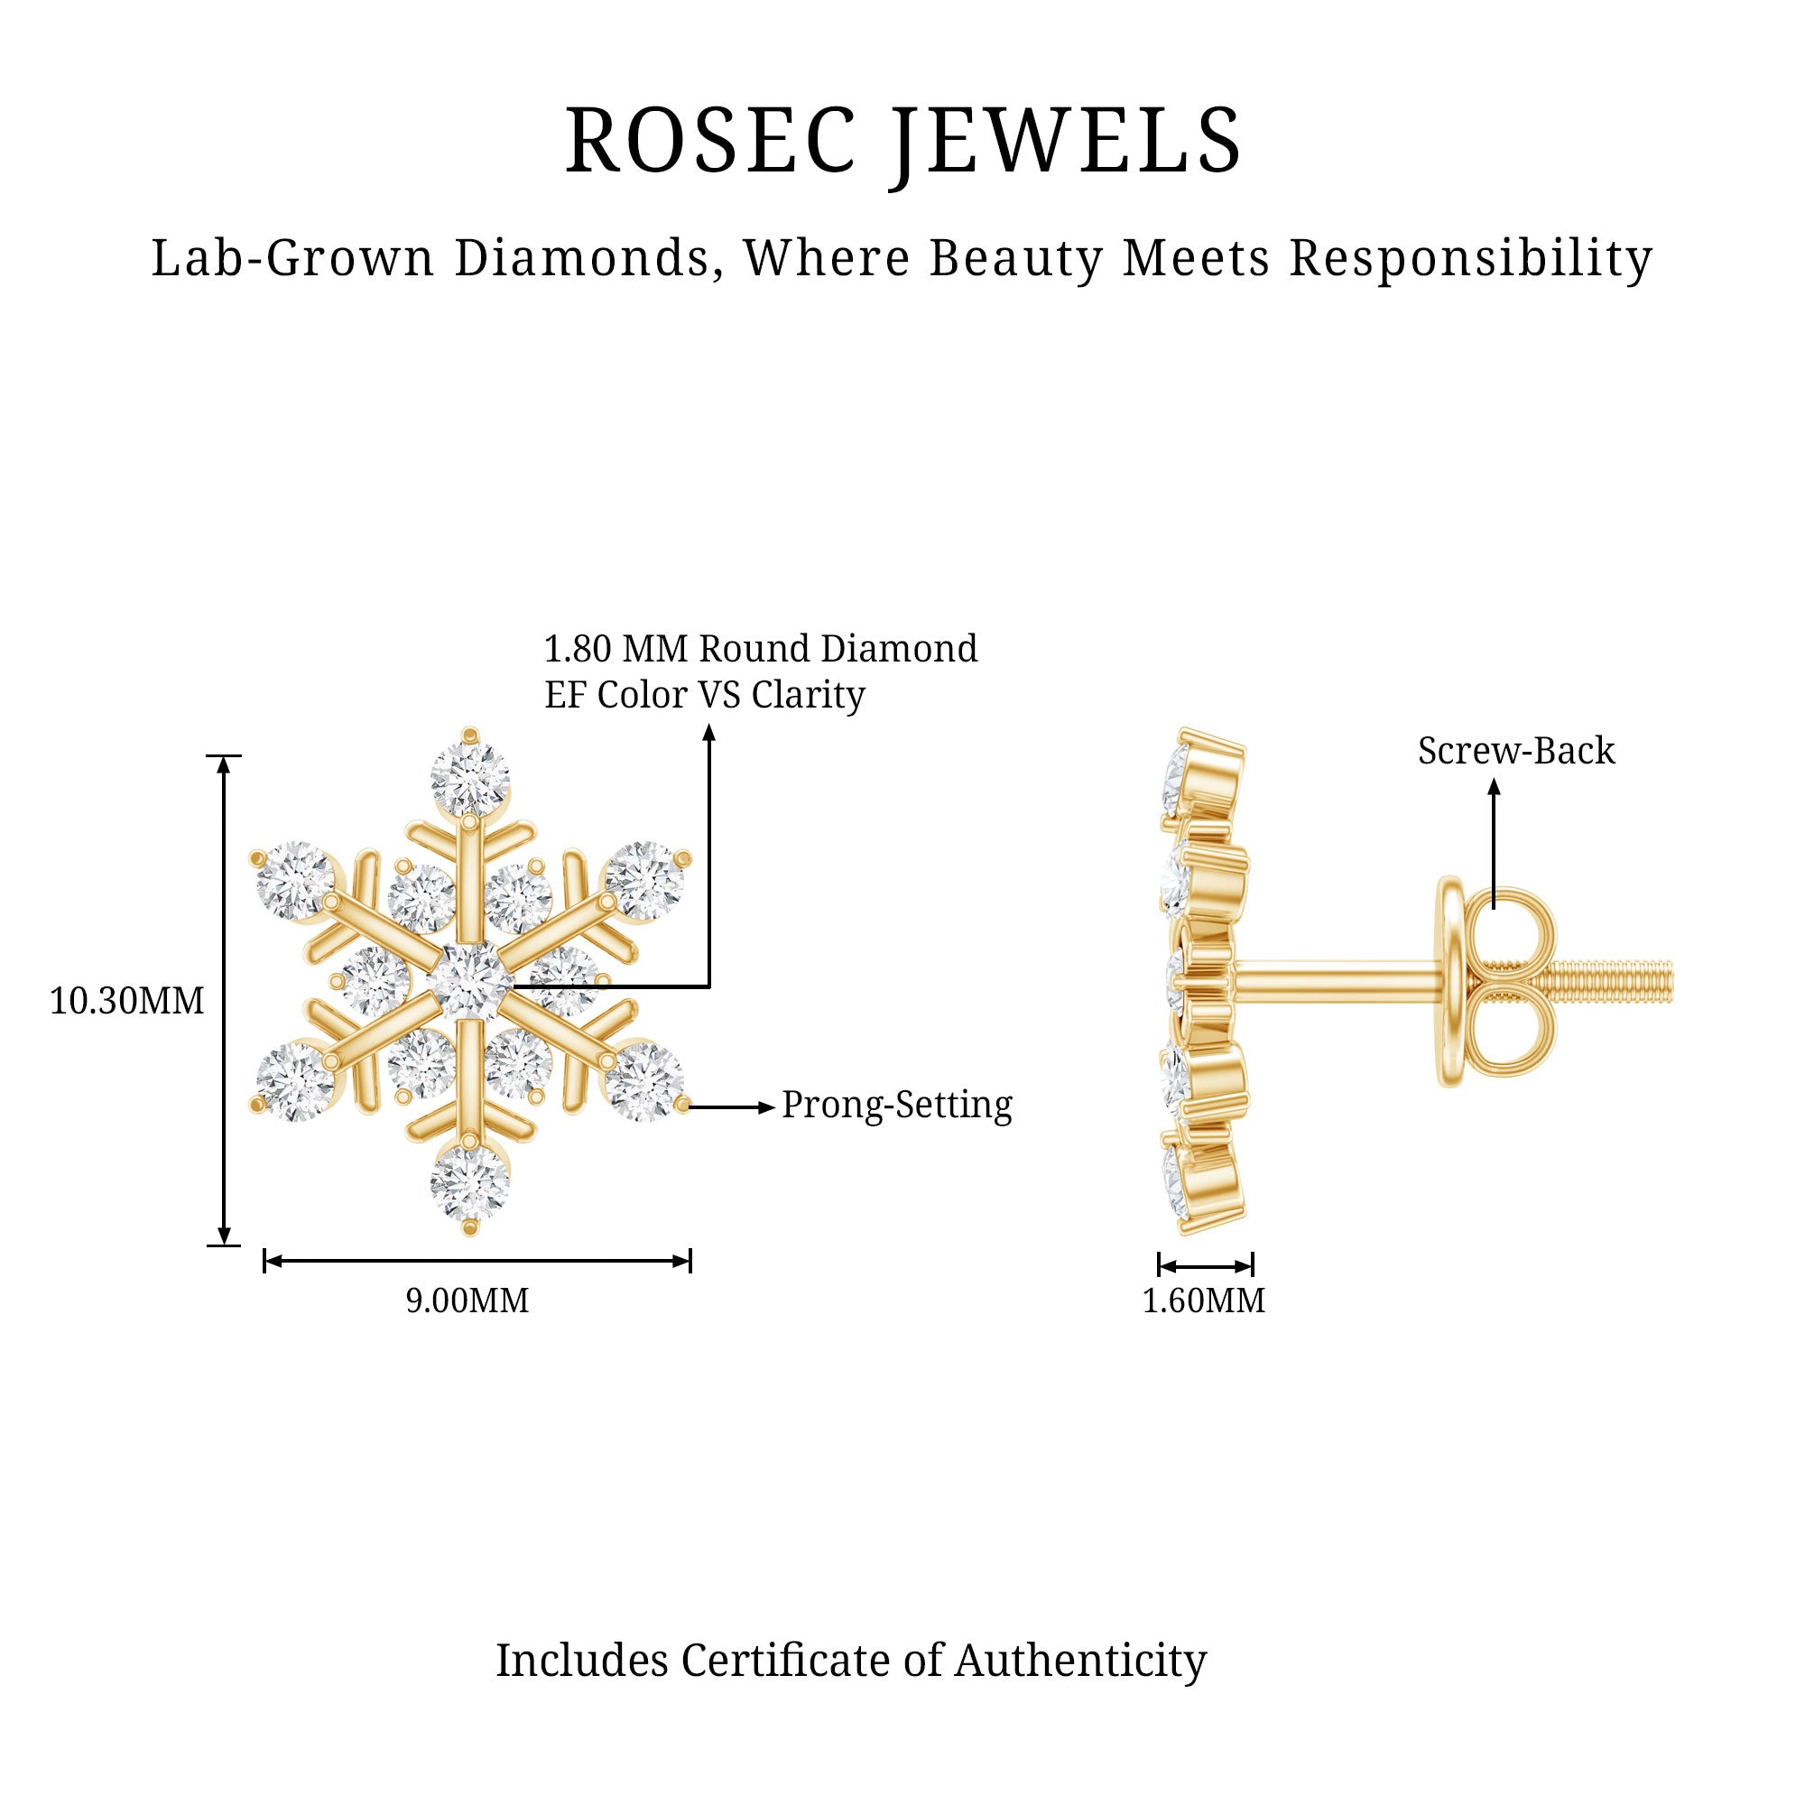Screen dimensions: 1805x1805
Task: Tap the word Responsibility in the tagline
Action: point(1470,258)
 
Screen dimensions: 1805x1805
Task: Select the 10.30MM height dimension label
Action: point(126,1002)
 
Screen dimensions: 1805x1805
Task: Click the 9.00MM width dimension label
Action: point(467,1301)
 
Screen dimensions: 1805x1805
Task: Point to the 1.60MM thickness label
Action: point(1203,1301)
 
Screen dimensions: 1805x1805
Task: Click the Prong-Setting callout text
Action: point(897,1106)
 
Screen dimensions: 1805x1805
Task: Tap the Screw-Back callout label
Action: point(1515,751)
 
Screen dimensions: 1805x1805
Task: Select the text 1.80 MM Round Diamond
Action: point(761,648)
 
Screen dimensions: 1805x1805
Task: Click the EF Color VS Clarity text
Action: point(705,695)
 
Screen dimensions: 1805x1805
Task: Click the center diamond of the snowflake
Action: point(470,981)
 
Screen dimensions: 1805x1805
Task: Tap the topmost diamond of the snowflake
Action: point(470,778)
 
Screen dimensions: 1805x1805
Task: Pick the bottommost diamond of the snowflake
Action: point(470,1183)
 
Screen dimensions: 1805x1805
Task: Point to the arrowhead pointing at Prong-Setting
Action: point(768,1107)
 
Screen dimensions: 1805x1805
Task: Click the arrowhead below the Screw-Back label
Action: point(1494,788)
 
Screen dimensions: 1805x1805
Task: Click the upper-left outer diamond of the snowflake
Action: point(295,878)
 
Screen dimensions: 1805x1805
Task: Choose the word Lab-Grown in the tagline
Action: point(292,258)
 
